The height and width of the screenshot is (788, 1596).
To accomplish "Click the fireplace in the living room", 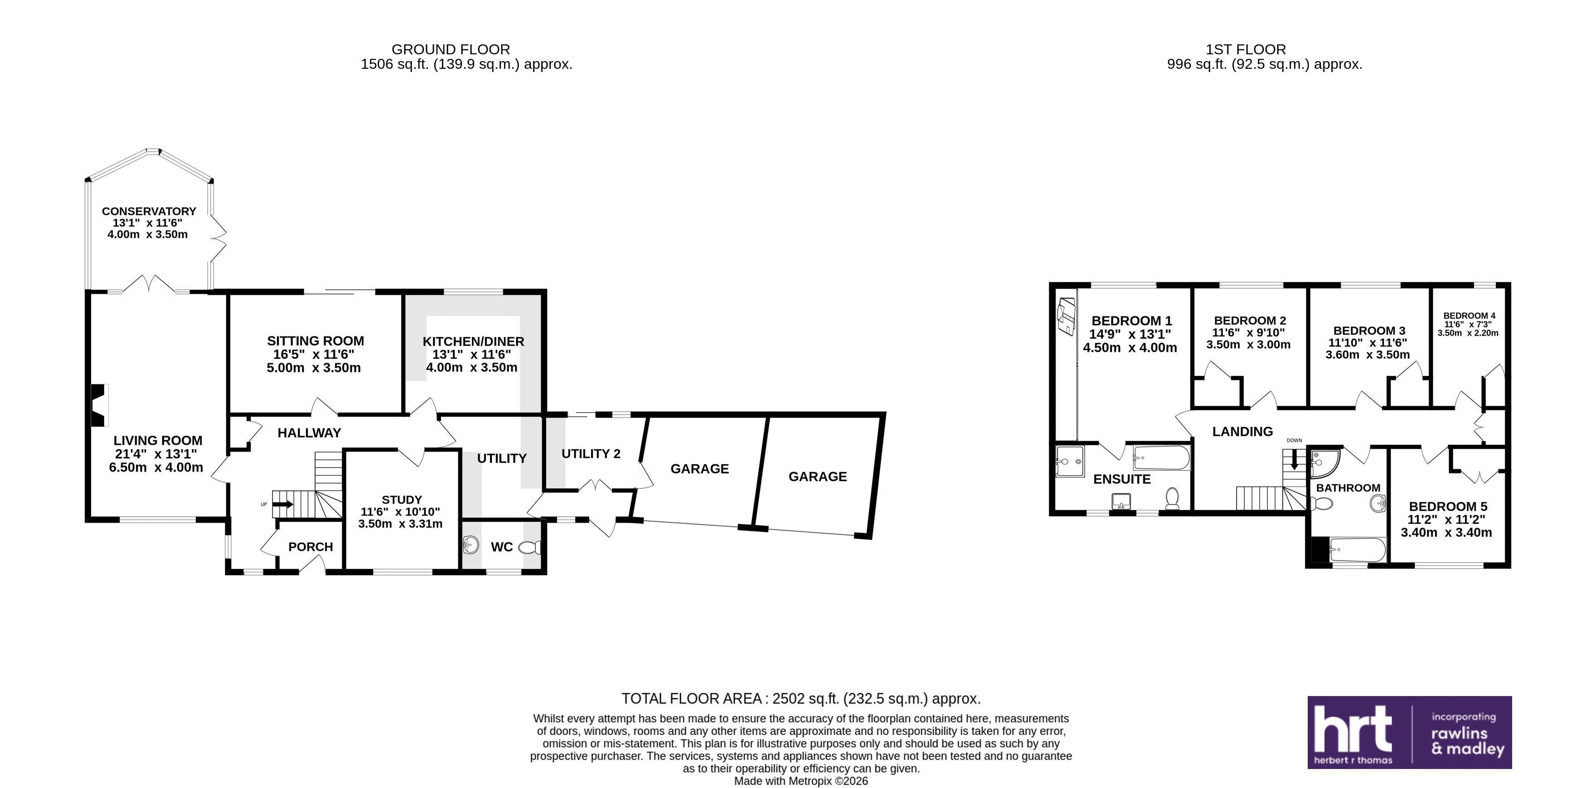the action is tap(100, 405).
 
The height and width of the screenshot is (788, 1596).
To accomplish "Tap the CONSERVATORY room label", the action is tap(149, 211).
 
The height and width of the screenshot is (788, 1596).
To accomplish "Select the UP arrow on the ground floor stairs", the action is tap(283, 505).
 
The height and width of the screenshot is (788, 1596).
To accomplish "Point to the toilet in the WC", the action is tap(531, 547).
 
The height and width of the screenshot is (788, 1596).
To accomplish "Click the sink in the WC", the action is tap(471, 545).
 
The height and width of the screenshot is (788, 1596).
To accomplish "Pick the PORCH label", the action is tap(310, 547).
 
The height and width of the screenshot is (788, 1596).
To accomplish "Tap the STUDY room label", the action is tap(402, 500).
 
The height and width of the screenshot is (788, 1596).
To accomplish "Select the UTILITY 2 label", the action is tap(591, 454).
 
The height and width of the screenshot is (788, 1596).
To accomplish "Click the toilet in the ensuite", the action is tap(1172, 497).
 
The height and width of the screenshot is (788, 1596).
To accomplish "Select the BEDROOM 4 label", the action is tap(1469, 316).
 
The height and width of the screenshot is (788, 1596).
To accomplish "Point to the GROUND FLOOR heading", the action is tap(451, 49).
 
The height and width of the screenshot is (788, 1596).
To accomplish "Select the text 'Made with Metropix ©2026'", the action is tap(801, 781).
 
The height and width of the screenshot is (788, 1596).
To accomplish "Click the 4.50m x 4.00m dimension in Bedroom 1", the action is tap(1130, 348).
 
